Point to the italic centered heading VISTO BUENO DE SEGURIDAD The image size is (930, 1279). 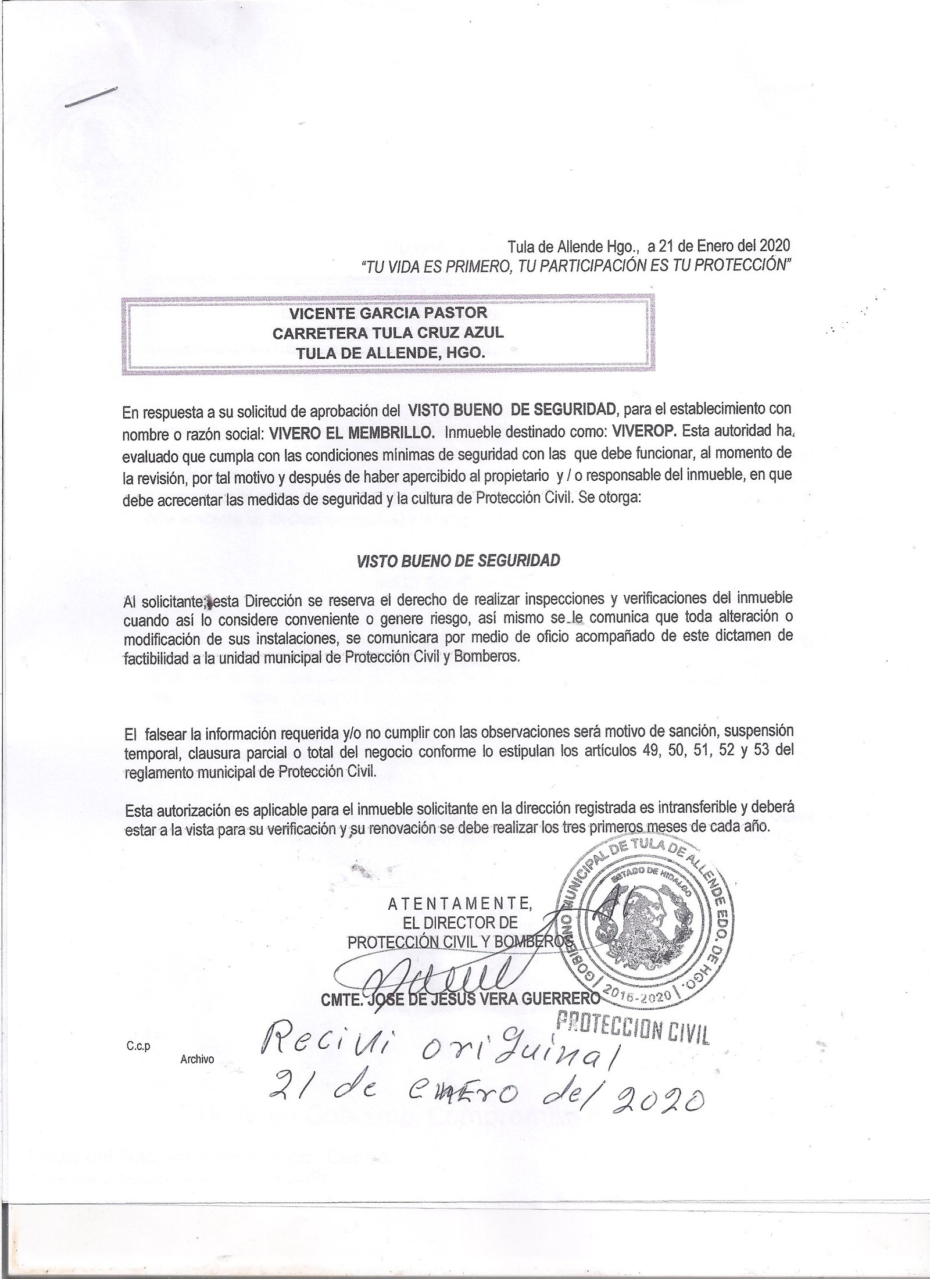tap(458, 560)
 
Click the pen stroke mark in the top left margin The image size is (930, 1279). tap(91, 97)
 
